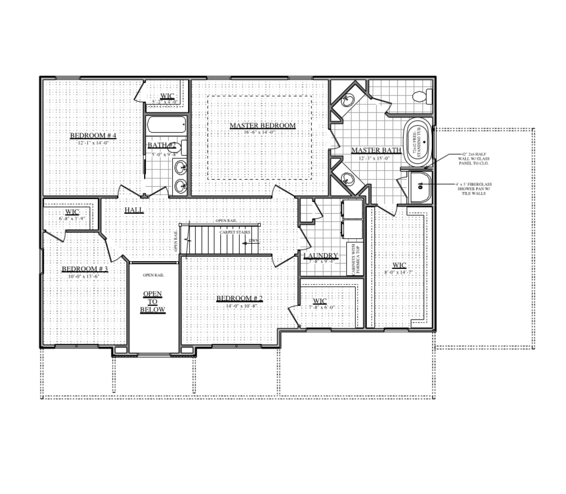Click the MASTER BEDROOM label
pyautogui.click(x=262, y=125)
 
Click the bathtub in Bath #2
pyautogui.click(x=166, y=125)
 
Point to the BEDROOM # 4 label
pyautogui.click(x=93, y=135)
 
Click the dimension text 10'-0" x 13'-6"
pyautogui.click(x=83, y=276)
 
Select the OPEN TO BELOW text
pyautogui.click(x=152, y=302)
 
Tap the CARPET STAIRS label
pyautogui.click(x=235, y=232)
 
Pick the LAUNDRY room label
pyautogui.click(x=321, y=255)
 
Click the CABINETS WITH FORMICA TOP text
pyautogui.click(x=355, y=259)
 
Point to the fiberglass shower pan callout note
pyautogui.click(x=473, y=189)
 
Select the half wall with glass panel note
pyautogui.click(x=473, y=159)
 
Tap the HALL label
pyautogui.click(x=134, y=210)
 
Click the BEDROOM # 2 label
pyautogui.click(x=239, y=298)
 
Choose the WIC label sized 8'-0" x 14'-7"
pyautogui.click(x=399, y=265)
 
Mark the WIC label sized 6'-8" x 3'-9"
pyautogui.click(x=72, y=212)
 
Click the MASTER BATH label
pyautogui.click(x=376, y=150)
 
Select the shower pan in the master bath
pyautogui.click(x=421, y=187)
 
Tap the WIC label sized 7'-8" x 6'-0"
pyautogui.click(x=320, y=301)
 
